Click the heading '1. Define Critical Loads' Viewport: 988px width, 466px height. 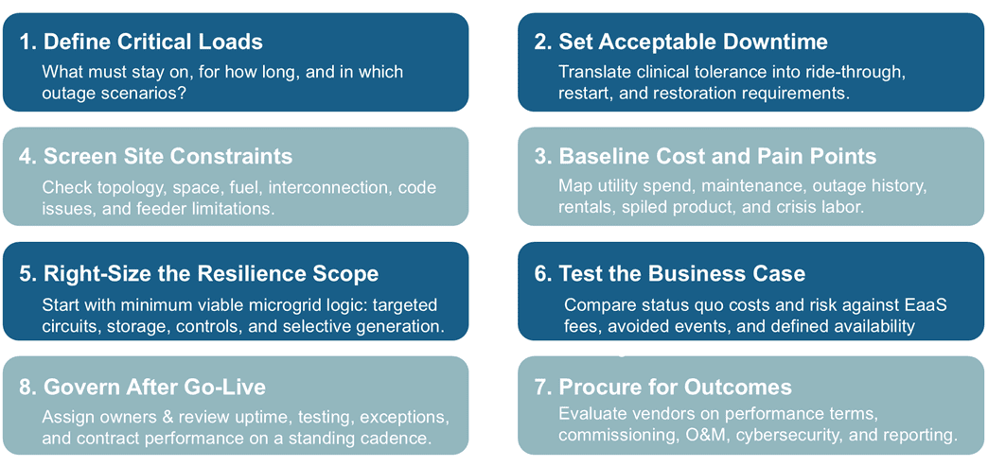point(141,42)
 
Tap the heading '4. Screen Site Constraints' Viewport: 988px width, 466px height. point(156,156)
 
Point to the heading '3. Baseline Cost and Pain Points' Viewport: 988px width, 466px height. point(704,156)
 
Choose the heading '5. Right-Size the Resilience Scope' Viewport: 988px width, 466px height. point(199,274)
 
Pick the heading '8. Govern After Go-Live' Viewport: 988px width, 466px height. point(143,387)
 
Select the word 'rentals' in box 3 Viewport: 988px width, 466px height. point(586,207)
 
